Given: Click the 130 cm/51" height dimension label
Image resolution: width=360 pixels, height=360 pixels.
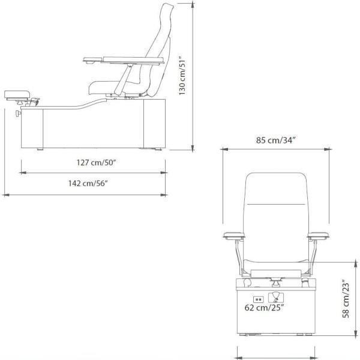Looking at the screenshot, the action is point(182,76).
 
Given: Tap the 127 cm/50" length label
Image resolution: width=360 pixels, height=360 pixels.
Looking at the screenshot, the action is point(97,163).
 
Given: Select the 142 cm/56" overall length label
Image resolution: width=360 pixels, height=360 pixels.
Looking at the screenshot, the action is point(88,183).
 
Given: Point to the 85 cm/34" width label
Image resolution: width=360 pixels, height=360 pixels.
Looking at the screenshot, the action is point(275,140).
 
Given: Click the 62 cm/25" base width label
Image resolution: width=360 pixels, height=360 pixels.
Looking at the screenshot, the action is point(264,307).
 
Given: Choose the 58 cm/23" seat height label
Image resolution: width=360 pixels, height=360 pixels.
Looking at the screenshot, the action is point(346,298).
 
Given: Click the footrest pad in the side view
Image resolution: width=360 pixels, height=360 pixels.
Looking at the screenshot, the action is point(17,94).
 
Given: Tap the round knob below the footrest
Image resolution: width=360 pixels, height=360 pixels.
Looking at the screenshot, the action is point(18,113).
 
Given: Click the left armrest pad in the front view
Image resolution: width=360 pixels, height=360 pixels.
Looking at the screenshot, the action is point(234,235).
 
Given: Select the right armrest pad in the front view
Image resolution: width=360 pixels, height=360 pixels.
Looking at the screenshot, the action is point(318,235).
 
